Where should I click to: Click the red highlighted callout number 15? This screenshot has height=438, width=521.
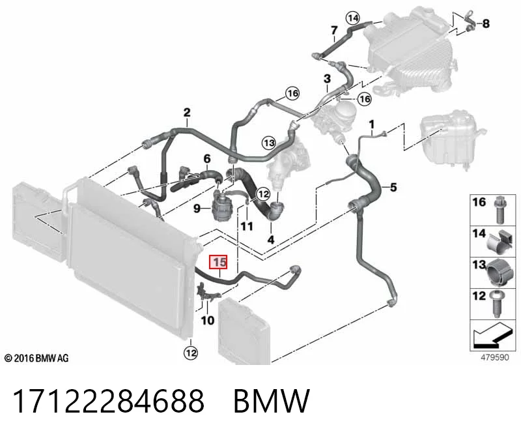tap(218, 262)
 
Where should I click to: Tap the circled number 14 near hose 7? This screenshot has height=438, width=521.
tap(353, 18)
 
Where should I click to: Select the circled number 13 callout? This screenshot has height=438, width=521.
tap(268, 143)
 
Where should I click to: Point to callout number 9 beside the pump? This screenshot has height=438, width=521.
tap(197, 209)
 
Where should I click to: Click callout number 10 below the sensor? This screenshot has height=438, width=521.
tap(208, 320)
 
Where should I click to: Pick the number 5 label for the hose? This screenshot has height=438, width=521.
tap(393, 187)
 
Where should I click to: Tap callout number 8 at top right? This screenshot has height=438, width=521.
tap(486, 23)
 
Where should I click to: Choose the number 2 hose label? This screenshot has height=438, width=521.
tap(187, 112)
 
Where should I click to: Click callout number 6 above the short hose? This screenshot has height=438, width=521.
tap(207, 159)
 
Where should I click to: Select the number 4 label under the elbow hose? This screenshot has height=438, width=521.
tap(271, 239)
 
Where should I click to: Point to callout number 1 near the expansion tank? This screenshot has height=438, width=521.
tap(372, 124)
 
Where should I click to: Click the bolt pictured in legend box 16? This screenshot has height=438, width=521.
tap(498, 210)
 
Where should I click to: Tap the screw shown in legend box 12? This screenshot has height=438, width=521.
tap(497, 304)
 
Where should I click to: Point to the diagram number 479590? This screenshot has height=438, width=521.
tap(495, 358)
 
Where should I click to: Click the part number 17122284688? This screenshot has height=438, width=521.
tap(108, 401)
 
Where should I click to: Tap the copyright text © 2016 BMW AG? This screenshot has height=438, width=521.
tap(36, 358)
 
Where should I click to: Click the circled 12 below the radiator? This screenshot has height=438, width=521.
tap(191, 353)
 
